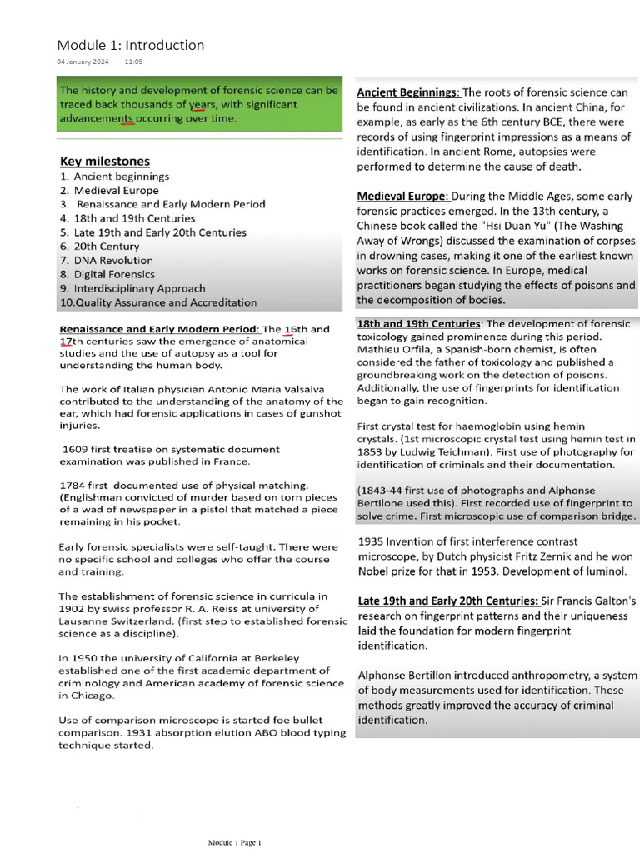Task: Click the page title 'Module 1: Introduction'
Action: pyautogui.click(x=130, y=45)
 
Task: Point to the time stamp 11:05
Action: pyautogui.click(x=133, y=62)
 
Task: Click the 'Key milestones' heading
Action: pyautogui.click(x=105, y=161)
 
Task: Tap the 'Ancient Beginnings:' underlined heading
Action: pyautogui.click(x=408, y=92)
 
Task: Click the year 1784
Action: pyautogui.click(x=73, y=485)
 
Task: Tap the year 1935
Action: pyautogui.click(x=372, y=541)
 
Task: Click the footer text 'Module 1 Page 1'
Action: pyautogui.click(x=235, y=843)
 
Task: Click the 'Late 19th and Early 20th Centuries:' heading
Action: pyautogui.click(x=447, y=601)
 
